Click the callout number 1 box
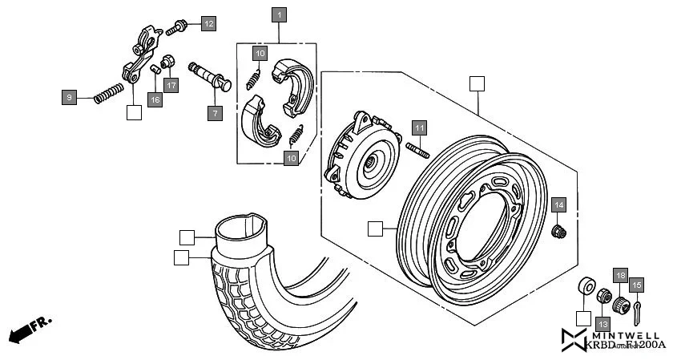(279, 15)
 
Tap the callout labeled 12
(208, 23)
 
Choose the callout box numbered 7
(214, 113)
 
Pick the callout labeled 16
(154, 99)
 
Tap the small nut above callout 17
(168, 62)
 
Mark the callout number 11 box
(421, 127)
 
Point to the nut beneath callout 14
(559, 232)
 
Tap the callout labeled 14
(559, 204)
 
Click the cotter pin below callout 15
(636, 309)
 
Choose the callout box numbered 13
(602, 322)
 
